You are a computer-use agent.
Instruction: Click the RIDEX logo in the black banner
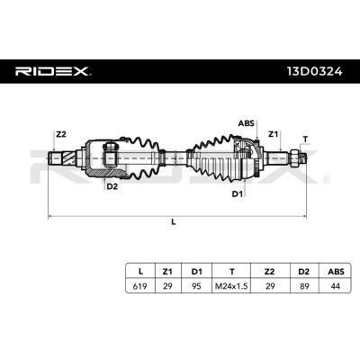[53, 71]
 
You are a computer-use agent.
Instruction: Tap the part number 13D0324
[315, 71]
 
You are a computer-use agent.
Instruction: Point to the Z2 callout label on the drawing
[61, 134]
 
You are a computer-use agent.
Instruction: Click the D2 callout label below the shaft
[112, 186]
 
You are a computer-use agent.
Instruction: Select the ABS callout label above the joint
[246, 123]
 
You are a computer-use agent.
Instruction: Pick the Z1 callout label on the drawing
[273, 134]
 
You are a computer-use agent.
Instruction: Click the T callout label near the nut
[305, 139]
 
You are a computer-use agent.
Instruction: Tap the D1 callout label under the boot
[237, 193]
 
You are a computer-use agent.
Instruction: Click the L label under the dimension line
[173, 222]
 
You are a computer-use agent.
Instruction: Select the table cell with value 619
[140, 286]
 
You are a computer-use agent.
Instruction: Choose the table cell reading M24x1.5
[231, 286]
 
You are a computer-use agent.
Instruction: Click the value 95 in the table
[196, 286]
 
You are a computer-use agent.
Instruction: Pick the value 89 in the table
[304, 286]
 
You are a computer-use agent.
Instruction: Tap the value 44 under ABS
[335, 286]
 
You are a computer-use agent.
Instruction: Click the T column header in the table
[231, 271]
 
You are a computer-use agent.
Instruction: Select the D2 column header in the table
[304, 271]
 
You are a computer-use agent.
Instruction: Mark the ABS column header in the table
[335, 271]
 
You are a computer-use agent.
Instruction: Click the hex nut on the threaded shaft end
[294, 157]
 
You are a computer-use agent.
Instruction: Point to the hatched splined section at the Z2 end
[68, 158]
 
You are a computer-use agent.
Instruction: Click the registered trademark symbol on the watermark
[327, 180]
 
